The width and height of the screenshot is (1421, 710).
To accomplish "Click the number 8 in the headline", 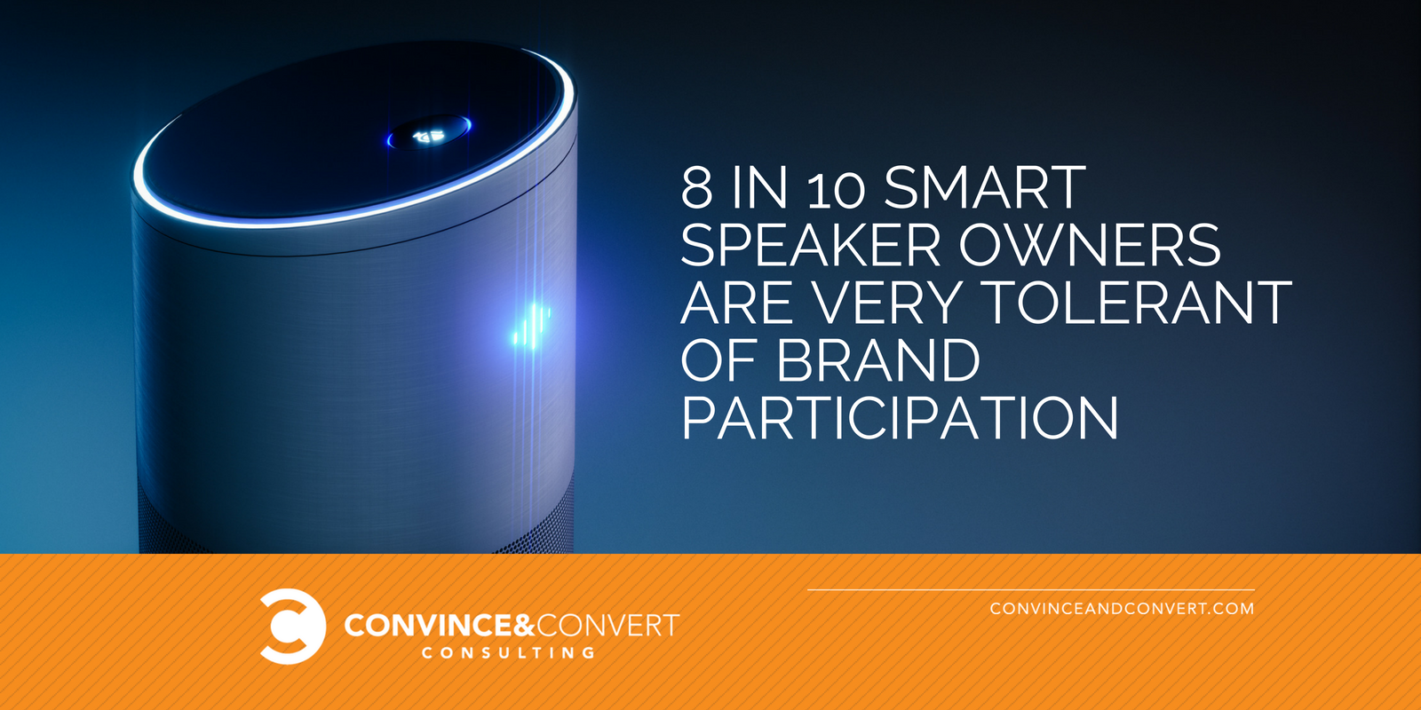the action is pyautogui.click(x=696, y=187).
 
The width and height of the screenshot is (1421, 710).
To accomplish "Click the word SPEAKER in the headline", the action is pyautogui.click(x=810, y=245).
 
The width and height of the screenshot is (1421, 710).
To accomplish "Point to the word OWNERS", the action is pyautogui.click(x=1090, y=245).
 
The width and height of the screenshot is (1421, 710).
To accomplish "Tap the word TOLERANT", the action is pyautogui.click(x=1140, y=303).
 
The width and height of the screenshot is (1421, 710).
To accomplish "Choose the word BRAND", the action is pyautogui.click(x=878, y=360).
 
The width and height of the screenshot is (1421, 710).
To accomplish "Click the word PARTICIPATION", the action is pyautogui.click(x=899, y=418).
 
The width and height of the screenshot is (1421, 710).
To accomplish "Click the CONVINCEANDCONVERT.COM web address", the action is pyautogui.click(x=1123, y=609).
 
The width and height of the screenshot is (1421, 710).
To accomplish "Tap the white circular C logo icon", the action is pyautogui.click(x=292, y=627).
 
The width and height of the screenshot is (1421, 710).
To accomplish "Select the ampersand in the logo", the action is pyautogui.click(x=524, y=626).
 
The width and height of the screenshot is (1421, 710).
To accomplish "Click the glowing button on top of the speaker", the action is pyautogui.click(x=430, y=133).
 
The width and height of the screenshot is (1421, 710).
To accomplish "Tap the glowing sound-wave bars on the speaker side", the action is pyautogui.click(x=531, y=326).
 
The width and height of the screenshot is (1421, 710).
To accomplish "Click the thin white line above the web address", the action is pyautogui.click(x=1031, y=590).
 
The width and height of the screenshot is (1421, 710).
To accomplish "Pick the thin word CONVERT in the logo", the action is pyautogui.click(x=608, y=626).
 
